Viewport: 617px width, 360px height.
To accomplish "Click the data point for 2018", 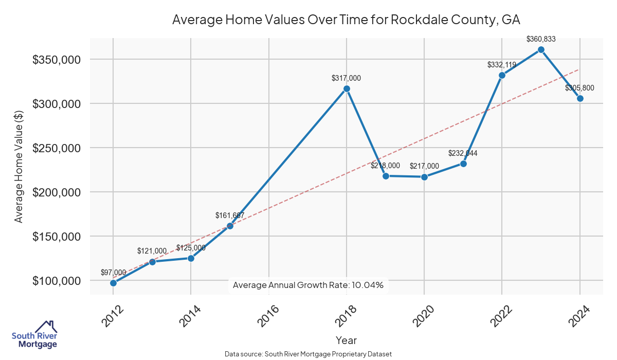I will click(x=347, y=88).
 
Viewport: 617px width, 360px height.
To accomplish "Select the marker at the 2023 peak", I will click(x=541, y=49).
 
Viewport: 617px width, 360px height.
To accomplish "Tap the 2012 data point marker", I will click(x=113, y=283).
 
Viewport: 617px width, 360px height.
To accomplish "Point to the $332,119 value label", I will click(x=502, y=65).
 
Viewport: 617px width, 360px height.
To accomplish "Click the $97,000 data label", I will click(x=113, y=272).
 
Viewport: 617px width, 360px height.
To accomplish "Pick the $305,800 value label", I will click(x=579, y=88).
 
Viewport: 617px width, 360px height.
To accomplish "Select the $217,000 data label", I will click(x=424, y=166).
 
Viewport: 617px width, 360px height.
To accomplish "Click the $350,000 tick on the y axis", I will click(x=57, y=60).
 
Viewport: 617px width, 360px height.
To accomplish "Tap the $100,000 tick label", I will click(x=57, y=281).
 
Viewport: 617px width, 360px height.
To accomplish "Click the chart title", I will click(x=346, y=20).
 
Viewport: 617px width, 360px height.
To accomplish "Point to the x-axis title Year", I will click(x=346, y=340).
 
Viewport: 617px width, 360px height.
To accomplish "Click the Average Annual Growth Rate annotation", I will click(x=308, y=285).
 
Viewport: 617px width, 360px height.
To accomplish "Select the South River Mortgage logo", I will click(x=34, y=335).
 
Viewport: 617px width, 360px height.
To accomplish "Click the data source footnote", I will click(x=308, y=354).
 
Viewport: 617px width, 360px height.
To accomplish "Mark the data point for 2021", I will click(x=463, y=164).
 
